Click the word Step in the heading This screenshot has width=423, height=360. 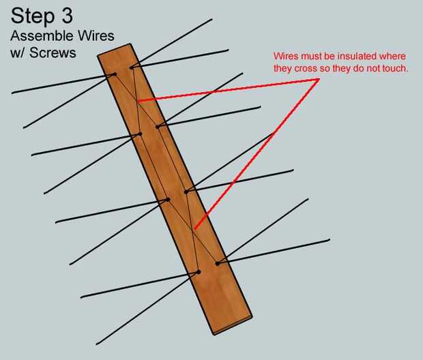pos(33,17)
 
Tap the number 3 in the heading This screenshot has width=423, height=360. pos(67,16)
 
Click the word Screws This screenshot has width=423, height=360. pos(53,52)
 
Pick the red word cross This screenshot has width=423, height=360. pos(306,69)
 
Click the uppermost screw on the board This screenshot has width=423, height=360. pos(132,67)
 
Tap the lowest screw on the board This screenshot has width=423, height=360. pos(199,272)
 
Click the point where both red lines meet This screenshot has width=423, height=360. pos(319,79)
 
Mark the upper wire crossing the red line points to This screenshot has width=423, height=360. pos(138,102)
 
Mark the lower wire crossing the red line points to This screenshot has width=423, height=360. pos(193,230)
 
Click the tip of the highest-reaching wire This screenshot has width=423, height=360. pos(212,19)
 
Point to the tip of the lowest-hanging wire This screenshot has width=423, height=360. pos(97,344)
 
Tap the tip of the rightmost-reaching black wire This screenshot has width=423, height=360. pos(330,239)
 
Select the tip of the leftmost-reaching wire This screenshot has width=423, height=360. pos(12,93)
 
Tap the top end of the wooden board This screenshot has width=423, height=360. pos(114,50)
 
